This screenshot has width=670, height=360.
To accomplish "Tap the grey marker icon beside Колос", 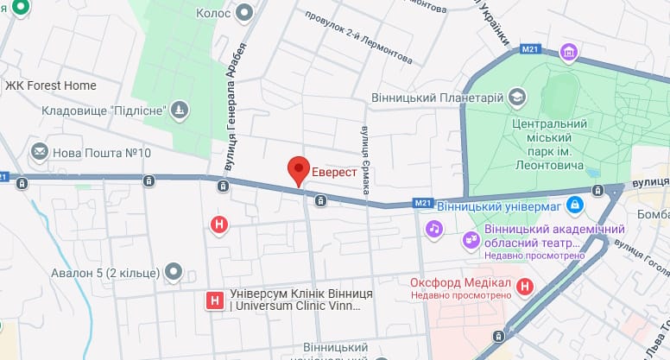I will (245, 12).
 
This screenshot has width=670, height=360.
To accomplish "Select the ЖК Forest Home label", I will (51, 85).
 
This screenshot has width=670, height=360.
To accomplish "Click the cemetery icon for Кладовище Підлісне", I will (179, 110).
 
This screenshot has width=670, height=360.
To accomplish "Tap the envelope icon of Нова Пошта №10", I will (39, 153).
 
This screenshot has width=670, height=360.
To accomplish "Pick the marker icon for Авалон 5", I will (174, 273).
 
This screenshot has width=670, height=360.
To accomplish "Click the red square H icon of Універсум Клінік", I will (212, 300).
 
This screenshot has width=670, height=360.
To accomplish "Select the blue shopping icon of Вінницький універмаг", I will (576, 206).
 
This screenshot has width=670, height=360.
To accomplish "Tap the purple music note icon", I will (435, 229).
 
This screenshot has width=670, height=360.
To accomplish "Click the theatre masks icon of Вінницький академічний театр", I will (471, 239).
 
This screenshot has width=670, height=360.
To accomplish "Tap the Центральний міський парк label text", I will (550, 138).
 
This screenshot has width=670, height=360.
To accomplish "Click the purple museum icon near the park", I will (568, 54).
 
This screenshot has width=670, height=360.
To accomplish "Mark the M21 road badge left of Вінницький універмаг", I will (421, 203).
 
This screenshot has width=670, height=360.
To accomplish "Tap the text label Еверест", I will (335, 172).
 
